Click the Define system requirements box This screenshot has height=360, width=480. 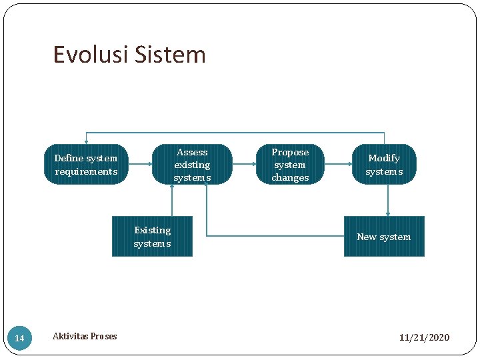pyautogui.click(x=85, y=165)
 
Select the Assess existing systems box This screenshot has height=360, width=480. pyautogui.click(x=192, y=165)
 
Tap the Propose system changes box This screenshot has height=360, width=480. pyautogui.click(x=290, y=165)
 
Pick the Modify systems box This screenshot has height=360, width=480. pyautogui.click(x=384, y=165)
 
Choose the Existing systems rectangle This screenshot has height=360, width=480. pyautogui.click(x=152, y=237)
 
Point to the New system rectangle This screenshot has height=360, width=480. pyautogui.click(x=384, y=237)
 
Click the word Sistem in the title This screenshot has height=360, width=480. pyautogui.click(x=171, y=55)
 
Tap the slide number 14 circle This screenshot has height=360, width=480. pyautogui.click(x=19, y=339)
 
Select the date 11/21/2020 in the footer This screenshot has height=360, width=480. pyautogui.click(x=424, y=337)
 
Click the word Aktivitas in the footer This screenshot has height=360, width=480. pyautogui.click(x=70, y=336)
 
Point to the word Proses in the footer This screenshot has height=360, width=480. pyautogui.click(x=103, y=336)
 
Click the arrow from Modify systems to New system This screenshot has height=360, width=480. pyautogui.click(x=388, y=200)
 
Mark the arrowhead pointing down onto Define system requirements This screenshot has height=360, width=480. pyautogui.click(x=86, y=141)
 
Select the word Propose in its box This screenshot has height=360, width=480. pyautogui.click(x=290, y=153)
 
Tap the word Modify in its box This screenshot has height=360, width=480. pyautogui.click(x=384, y=159)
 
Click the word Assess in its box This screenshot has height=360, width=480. pyautogui.click(x=192, y=153)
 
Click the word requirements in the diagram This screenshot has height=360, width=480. pyautogui.click(x=85, y=172)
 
